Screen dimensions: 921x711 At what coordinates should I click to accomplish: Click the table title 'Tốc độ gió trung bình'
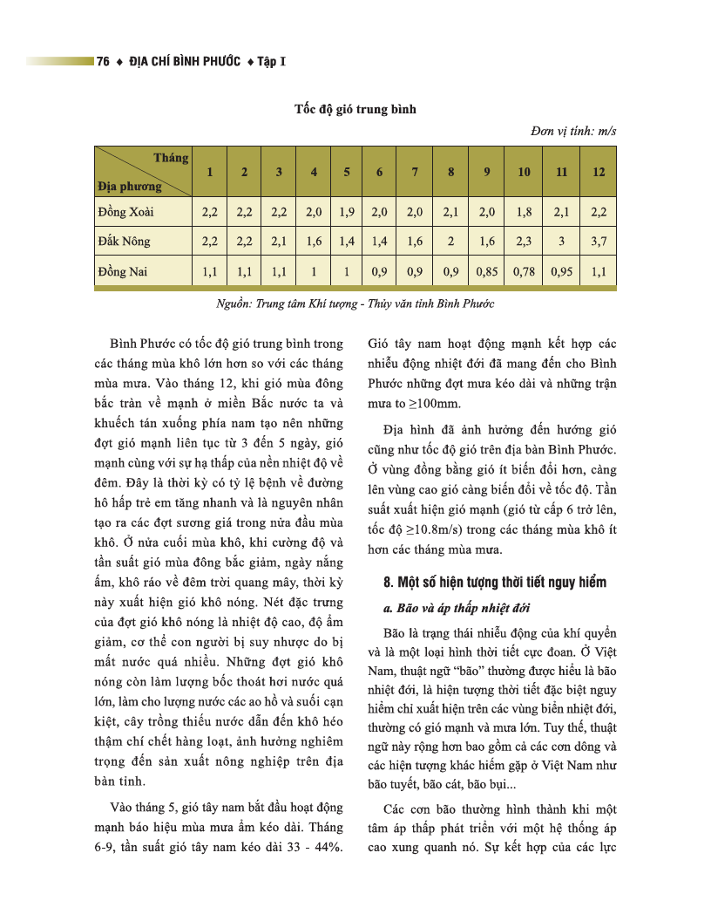(x=355, y=109)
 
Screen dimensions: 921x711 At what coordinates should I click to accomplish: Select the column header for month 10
(x=524, y=171)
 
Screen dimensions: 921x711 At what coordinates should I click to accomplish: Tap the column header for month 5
(x=347, y=171)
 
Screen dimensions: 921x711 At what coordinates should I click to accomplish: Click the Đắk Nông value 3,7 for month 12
(x=598, y=241)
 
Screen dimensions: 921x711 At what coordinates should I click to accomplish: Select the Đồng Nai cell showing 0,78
(x=524, y=271)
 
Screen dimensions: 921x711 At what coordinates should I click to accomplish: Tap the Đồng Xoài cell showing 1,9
(x=347, y=211)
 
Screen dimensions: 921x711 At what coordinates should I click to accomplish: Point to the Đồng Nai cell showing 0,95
(x=561, y=271)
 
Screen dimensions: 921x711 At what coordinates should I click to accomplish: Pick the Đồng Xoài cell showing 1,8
(x=524, y=211)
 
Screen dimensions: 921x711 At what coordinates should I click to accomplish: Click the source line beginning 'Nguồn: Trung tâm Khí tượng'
(x=355, y=304)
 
